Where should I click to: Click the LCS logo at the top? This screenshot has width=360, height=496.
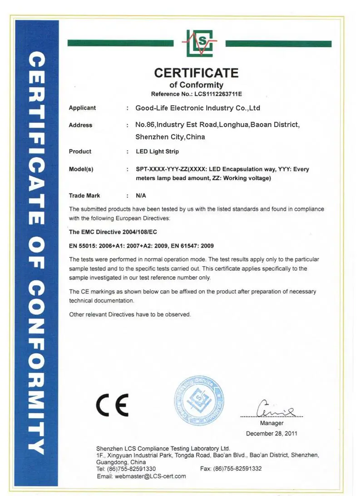click(x=199, y=43)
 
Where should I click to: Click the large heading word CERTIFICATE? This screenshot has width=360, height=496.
click(x=196, y=73)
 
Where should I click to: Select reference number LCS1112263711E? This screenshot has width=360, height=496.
click(x=216, y=94)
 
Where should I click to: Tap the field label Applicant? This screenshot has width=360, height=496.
click(x=82, y=108)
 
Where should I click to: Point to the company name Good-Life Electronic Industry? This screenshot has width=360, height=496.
click(x=197, y=108)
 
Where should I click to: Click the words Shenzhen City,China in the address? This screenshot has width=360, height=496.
click(x=170, y=137)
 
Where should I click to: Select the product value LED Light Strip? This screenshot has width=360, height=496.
click(x=158, y=152)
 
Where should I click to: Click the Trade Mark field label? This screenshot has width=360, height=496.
click(x=84, y=196)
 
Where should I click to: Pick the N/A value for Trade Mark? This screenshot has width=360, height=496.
click(x=140, y=196)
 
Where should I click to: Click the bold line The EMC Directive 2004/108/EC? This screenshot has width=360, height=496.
click(x=113, y=232)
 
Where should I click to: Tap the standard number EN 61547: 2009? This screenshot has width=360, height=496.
click(x=193, y=246)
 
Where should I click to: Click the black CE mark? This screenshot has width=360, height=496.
click(x=112, y=404)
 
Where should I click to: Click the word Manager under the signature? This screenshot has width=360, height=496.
click(x=272, y=423)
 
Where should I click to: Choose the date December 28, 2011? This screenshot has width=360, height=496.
click(x=271, y=434)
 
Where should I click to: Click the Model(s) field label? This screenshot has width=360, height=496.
click(x=81, y=169)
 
